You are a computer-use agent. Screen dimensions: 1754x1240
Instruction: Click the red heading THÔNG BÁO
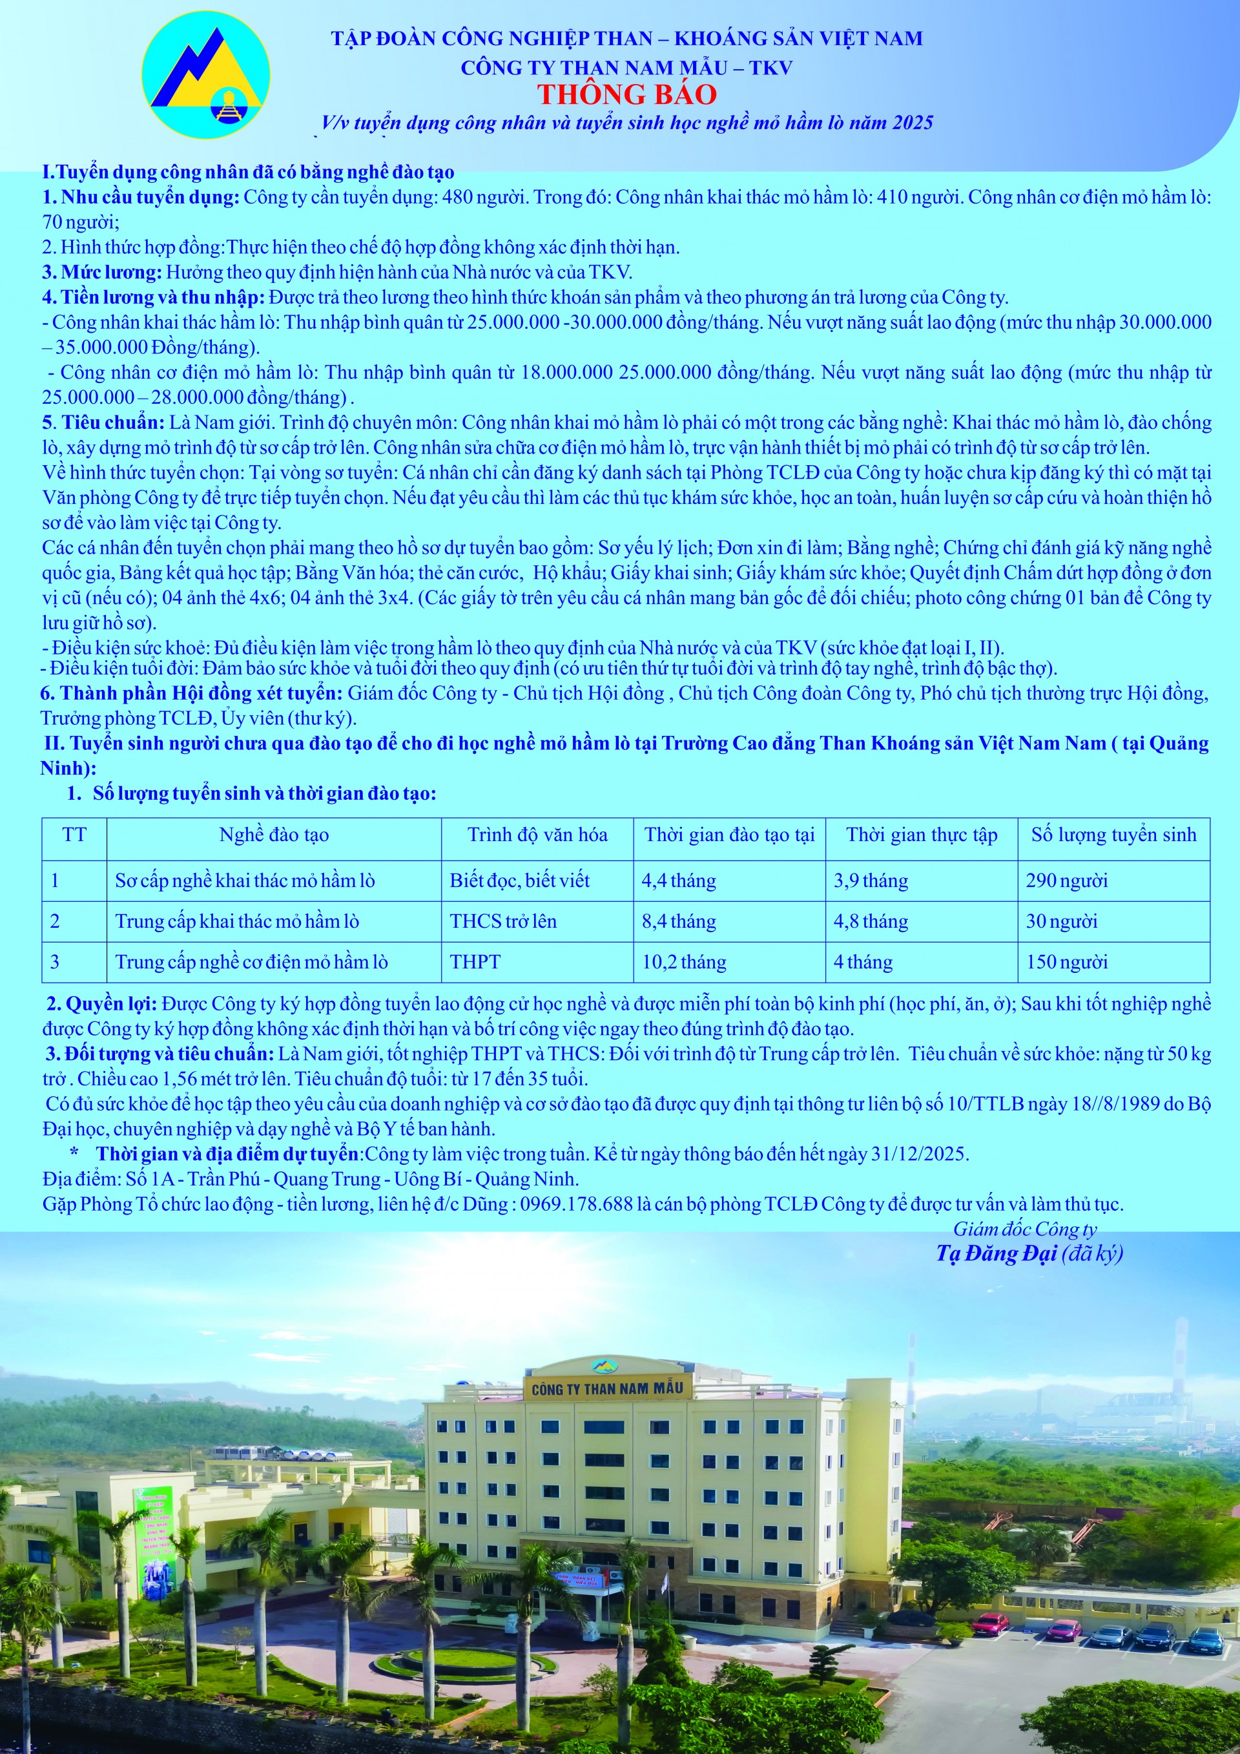(x=626, y=94)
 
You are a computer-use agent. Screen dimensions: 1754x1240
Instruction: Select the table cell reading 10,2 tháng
(x=683, y=962)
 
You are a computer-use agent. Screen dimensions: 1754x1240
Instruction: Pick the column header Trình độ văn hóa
(x=537, y=834)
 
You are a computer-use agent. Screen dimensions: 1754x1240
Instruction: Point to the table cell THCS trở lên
(x=503, y=921)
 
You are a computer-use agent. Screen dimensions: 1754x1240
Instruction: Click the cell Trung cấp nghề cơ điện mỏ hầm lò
(x=251, y=962)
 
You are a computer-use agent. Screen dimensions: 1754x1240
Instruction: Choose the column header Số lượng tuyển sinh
(x=1113, y=834)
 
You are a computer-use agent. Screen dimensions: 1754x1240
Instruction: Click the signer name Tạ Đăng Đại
(x=997, y=1253)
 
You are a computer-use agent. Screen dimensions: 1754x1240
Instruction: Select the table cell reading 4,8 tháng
(x=871, y=921)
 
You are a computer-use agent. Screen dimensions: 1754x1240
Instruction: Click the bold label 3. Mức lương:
(x=102, y=272)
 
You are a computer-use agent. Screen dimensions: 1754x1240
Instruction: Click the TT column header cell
(x=74, y=834)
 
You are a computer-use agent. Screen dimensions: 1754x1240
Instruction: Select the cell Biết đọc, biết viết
(x=519, y=881)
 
